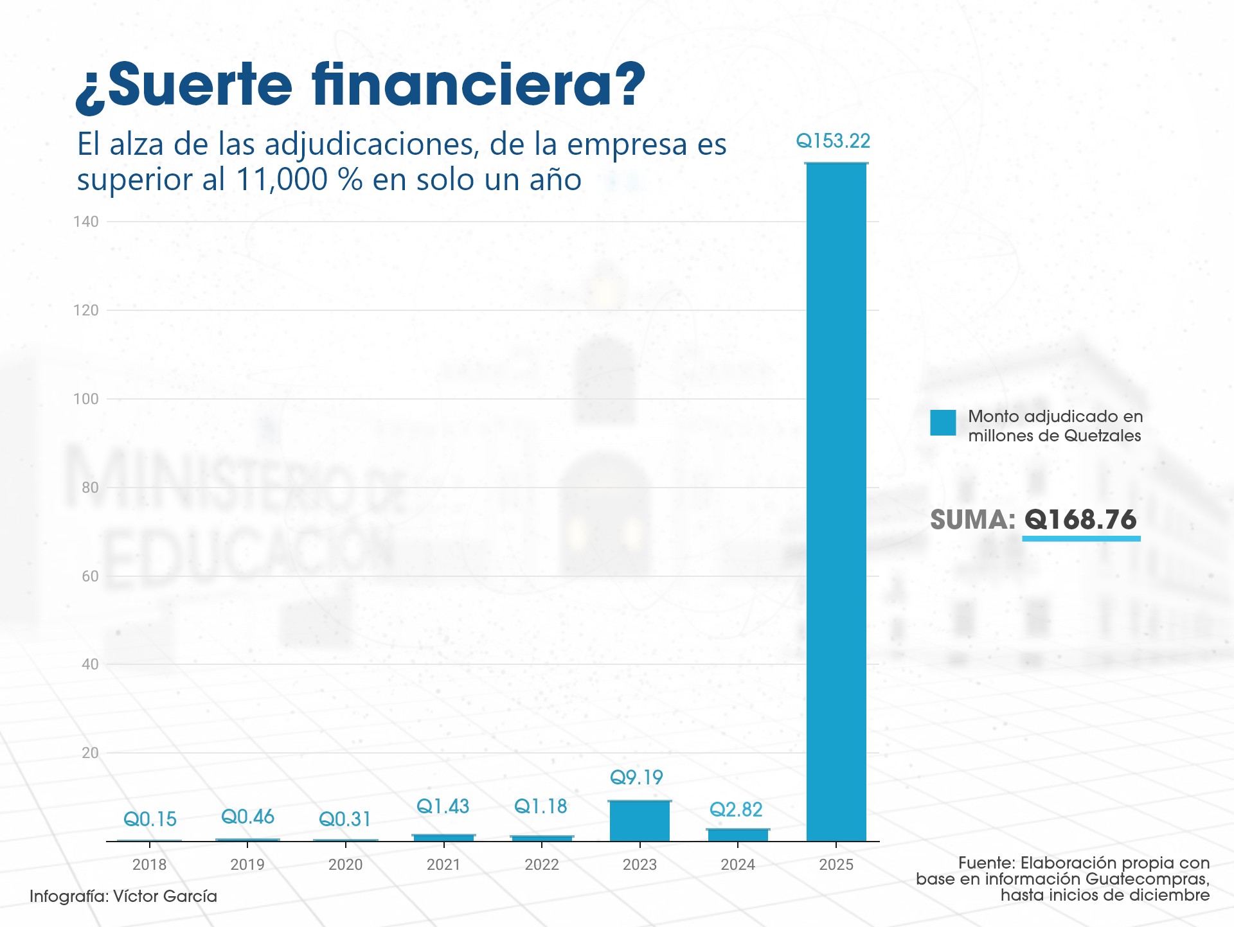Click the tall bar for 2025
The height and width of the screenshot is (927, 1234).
pyautogui.click(x=836, y=501)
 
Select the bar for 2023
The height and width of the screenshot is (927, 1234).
pyautogui.click(x=639, y=820)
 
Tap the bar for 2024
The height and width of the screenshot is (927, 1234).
pyautogui.click(x=738, y=834)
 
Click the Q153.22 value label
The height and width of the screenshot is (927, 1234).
pyautogui.click(x=833, y=141)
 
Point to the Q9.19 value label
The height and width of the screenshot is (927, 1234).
pyautogui.click(x=636, y=777)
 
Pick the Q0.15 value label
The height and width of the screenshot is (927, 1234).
pyautogui.click(x=150, y=819)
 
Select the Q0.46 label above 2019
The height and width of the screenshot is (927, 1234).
pyautogui.click(x=247, y=817)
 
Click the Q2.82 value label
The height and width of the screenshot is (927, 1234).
pyautogui.click(x=736, y=809)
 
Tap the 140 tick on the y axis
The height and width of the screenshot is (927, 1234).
pyautogui.click(x=86, y=222)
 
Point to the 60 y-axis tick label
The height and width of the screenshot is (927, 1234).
pyautogui.click(x=90, y=576)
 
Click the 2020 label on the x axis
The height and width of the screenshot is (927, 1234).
pyautogui.click(x=346, y=865)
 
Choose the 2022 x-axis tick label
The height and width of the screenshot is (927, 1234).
pyautogui.click(x=542, y=865)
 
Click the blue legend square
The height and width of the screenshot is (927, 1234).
pyautogui.click(x=943, y=423)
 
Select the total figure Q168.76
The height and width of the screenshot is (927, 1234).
pyautogui.click(x=1080, y=520)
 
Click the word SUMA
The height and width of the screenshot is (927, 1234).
pyautogui.click(x=972, y=520)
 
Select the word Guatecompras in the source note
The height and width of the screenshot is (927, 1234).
pyautogui.click(x=1147, y=879)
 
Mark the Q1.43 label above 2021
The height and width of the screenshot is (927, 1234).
pyautogui.click(x=443, y=806)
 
